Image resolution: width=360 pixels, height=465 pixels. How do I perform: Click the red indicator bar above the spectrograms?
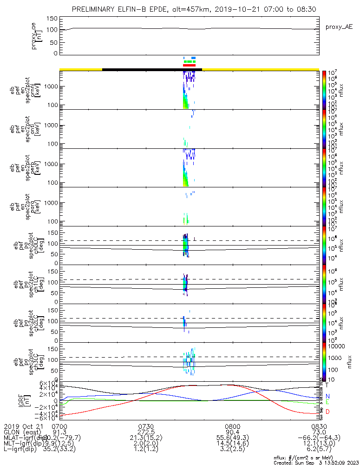[x=190, y=65]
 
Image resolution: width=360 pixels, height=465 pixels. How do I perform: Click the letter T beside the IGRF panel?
[x=327, y=385]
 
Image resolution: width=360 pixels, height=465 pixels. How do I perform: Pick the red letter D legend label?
[x=327, y=412]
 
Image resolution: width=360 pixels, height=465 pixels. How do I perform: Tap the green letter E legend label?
[x=327, y=402]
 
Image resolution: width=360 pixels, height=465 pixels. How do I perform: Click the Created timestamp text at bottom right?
[x=315, y=462]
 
